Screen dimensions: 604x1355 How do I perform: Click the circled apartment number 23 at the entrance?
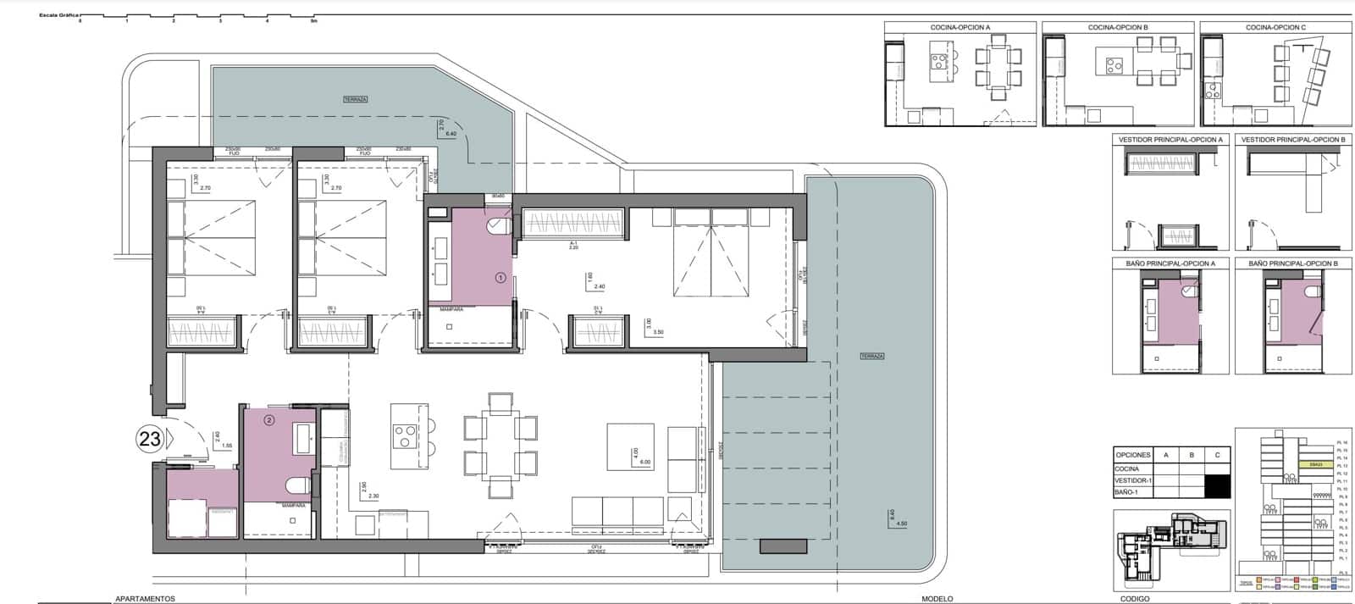point(150,439)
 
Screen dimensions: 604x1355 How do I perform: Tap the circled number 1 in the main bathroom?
point(500,277)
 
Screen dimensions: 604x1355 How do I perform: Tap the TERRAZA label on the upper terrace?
point(356,99)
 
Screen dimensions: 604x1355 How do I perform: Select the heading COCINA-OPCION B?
point(1118,28)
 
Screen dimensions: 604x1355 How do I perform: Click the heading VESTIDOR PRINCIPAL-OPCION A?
point(1170,140)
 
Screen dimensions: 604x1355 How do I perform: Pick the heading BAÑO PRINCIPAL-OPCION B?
point(1292,264)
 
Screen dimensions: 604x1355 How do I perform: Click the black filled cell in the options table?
point(1217,485)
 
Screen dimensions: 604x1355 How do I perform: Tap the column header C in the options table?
point(1217,455)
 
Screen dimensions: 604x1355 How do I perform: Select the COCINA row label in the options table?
point(1127,468)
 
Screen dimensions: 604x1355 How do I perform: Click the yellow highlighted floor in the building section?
point(1315,464)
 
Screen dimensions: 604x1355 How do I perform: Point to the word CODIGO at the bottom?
point(1134,598)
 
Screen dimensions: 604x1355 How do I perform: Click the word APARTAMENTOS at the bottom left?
point(145,598)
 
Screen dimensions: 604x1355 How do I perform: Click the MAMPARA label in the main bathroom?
point(451,310)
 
